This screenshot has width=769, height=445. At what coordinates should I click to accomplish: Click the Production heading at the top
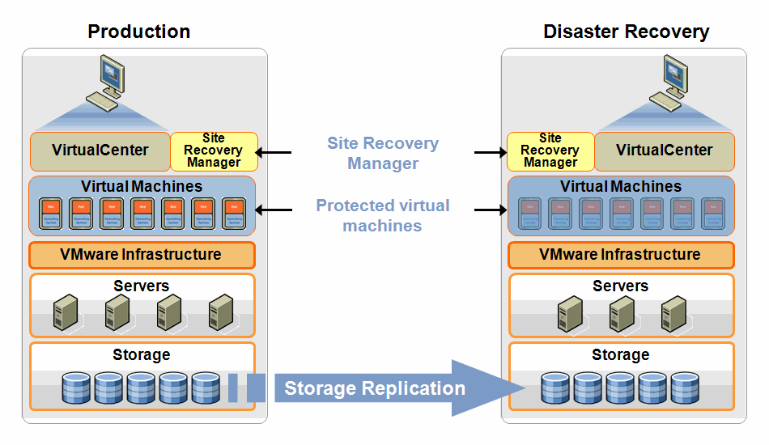pyautogui.click(x=138, y=32)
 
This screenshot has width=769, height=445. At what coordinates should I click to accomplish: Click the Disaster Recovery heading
pyautogui.click(x=626, y=32)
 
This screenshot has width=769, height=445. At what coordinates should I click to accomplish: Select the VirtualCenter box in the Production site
pyautogui.click(x=100, y=150)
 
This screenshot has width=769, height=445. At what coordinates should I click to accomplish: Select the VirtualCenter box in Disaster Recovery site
pyautogui.click(x=664, y=150)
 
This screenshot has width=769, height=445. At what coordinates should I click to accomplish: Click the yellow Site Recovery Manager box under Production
pyautogui.click(x=214, y=150)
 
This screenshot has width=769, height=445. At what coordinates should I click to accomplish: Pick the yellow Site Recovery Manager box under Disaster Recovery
pyautogui.click(x=550, y=150)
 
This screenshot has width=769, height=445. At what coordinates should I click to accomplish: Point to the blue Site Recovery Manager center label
pyautogui.click(x=383, y=153)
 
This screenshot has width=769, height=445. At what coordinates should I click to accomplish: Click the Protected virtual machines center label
pyautogui.click(x=383, y=215)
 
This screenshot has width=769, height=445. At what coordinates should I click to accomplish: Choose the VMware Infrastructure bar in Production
pyautogui.click(x=141, y=255)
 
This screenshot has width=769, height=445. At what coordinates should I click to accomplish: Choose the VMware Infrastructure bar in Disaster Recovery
pyautogui.click(x=620, y=255)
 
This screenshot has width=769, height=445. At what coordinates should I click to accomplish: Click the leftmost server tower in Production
pyautogui.click(x=65, y=311)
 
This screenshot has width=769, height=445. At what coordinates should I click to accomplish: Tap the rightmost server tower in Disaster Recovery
pyautogui.click(x=673, y=311)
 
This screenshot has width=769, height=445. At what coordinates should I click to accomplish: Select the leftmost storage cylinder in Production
pyautogui.click(x=76, y=388)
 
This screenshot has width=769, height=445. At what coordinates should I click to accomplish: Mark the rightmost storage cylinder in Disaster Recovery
pyautogui.click(x=685, y=388)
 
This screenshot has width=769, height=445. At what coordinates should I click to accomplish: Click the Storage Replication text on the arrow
pyautogui.click(x=374, y=388)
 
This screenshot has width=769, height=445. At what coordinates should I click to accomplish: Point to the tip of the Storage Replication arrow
pyautogui.click(x=515, y=388)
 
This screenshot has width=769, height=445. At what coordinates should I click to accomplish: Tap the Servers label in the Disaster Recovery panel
pyautogui.click(x=620, y=286)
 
